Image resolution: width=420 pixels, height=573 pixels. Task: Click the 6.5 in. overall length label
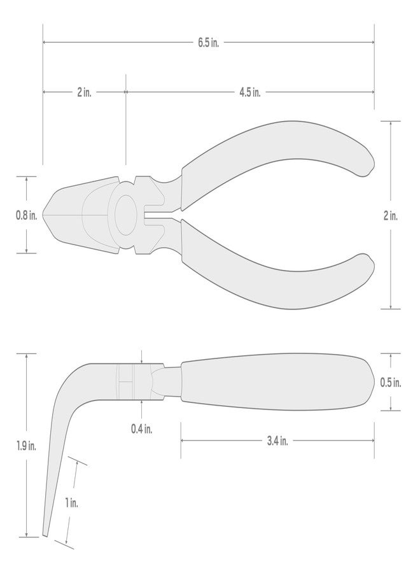point(208,43)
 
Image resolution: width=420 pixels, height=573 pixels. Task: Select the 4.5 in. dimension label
point(250,92)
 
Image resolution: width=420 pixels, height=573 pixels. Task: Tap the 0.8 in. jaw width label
point(27,215)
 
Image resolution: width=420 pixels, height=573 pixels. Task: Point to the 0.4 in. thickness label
point(141,428)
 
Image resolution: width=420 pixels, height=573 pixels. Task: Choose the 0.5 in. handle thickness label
point(390,383)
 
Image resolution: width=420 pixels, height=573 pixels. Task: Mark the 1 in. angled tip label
point(72,502)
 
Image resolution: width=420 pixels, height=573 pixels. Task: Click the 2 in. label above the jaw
point(83,92)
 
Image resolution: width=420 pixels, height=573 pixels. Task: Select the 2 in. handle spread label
point(390,216)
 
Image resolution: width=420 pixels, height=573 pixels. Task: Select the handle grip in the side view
point(274,381)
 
